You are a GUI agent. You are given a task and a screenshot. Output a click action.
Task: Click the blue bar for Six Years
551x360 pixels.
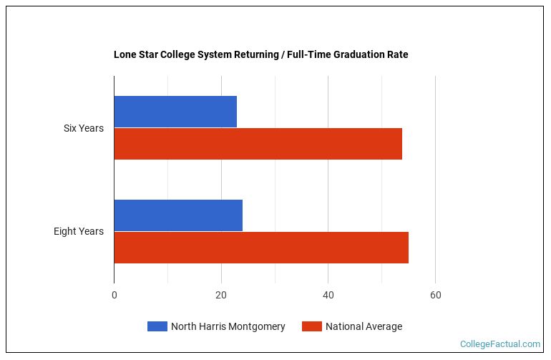click(x=175, y=112)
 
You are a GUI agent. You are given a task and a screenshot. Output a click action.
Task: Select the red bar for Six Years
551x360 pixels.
click(x=258, y=144)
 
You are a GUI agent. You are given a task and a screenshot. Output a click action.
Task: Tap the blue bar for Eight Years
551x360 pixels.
click(x=178, y=215)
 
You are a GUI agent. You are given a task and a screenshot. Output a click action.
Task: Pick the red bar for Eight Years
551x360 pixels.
click(x=261, y=248)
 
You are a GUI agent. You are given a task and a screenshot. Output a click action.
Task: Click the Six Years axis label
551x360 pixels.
click(x=83, y=128)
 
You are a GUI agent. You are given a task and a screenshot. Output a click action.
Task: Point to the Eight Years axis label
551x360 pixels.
click(x=79, y=231)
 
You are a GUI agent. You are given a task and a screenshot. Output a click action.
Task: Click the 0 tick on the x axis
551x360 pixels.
click(x=114, y=295)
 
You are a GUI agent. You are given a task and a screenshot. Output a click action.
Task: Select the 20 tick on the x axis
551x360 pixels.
click(x=221, y=295)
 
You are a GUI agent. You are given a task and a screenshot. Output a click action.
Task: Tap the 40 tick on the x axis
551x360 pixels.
click(x=328, y=295)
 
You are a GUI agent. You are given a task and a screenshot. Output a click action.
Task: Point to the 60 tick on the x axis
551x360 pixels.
click(x=435, y=295)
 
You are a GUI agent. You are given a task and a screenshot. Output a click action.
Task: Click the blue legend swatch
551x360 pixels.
click(x=157, y=326)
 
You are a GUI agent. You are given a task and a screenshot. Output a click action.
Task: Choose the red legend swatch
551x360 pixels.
click(x=311, y=326)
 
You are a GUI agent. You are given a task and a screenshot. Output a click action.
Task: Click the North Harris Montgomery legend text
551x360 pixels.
click(x=228, y=326)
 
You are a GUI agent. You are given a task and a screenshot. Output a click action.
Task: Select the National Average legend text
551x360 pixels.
click(x=364, y=326)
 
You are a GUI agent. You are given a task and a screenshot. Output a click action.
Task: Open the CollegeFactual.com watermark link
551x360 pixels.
click(x=499, y=344)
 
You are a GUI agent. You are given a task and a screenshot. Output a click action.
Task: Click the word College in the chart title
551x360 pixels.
click(x=178, y=54)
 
